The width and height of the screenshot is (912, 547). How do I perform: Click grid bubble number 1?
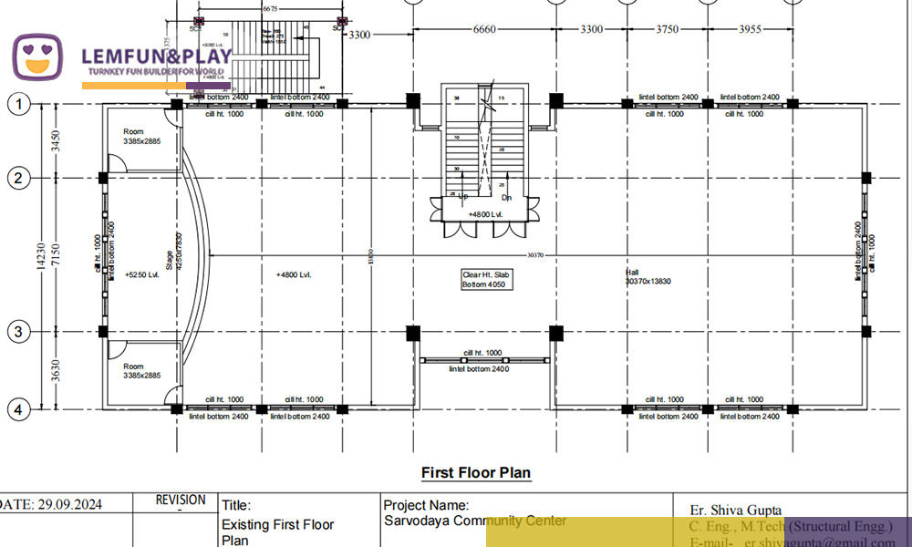point(18,105)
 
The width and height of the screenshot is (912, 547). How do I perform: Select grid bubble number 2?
point(18,178)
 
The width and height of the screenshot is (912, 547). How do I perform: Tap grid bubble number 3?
point(18,332)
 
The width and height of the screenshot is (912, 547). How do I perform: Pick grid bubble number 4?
point(18,410)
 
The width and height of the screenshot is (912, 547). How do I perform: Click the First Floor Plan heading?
point(475,472)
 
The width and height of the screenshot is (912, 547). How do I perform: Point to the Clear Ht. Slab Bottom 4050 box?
point(483,279)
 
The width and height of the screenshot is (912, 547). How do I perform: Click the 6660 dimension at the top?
point(484,29)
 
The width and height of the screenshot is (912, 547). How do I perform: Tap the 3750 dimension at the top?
point(668,29)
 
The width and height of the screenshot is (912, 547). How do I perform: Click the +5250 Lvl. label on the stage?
point(141,273)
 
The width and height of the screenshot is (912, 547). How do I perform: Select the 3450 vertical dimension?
point(56,141)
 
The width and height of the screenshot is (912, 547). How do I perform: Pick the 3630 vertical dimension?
point(56,371)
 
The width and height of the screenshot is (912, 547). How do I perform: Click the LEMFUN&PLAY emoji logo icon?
point(37,57)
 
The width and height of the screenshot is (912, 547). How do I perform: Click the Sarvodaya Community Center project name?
point(475,521)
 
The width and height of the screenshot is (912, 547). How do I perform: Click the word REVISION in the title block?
point(181,500)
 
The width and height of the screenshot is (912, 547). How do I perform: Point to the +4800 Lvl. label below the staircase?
point(485,214)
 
